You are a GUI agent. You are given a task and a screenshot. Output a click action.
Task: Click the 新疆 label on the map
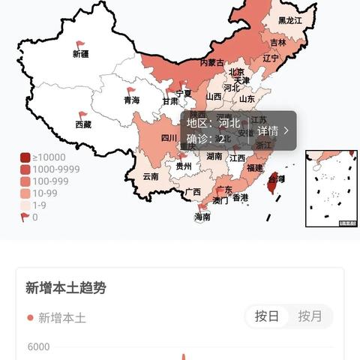(81, 54)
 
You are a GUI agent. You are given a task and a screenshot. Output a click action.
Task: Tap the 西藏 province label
(82, 124)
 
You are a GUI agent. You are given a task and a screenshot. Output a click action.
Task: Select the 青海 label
(132, 100)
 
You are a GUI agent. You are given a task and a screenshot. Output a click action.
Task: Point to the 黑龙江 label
(289, 21)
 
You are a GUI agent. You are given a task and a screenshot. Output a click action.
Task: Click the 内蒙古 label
(211, 63)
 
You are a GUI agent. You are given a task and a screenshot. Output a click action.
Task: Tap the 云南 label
(151, 177)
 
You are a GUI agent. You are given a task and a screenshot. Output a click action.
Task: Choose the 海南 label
(202, 216)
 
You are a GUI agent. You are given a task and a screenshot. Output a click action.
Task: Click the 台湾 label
(277, 178)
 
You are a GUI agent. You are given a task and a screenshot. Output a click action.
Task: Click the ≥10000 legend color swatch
(25, 157)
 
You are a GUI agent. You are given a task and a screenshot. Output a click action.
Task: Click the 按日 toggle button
(267, 316)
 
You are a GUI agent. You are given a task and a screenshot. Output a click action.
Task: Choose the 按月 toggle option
(310, 316)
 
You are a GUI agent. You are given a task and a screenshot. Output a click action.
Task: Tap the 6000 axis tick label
(39, 346)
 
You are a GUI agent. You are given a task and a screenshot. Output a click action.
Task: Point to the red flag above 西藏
(82, 115)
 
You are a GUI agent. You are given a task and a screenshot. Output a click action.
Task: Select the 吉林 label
(277, 43)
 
